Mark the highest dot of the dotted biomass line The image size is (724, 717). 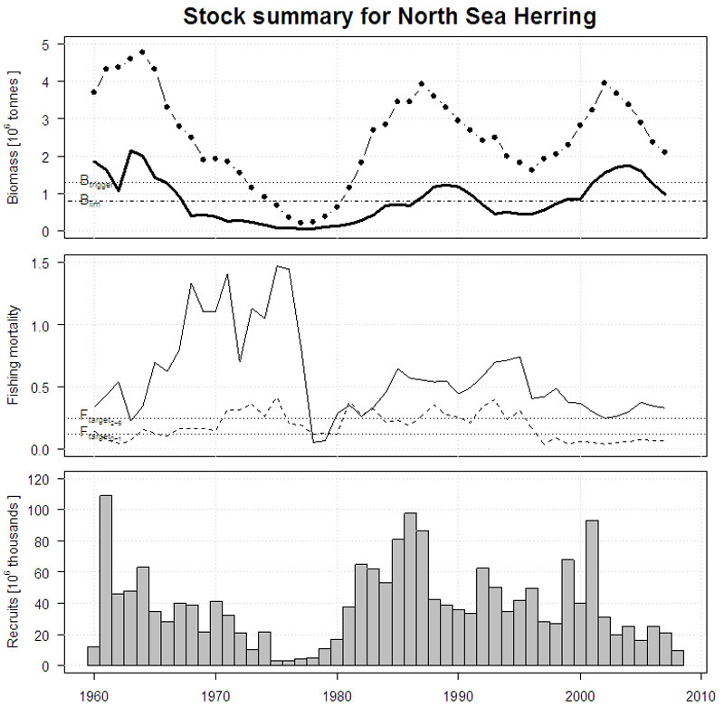142,53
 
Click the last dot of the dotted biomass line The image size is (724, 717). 665,152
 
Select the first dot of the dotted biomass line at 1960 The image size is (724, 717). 93,92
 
